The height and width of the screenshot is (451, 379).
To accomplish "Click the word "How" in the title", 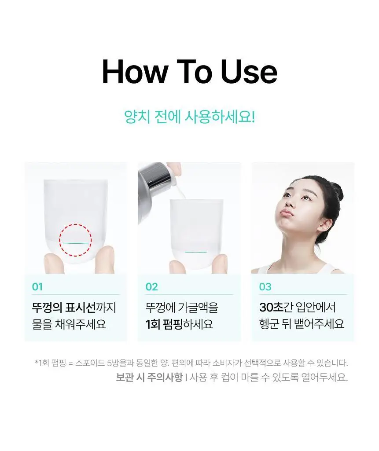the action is [135, 72].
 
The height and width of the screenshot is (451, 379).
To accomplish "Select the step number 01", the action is [37, 287].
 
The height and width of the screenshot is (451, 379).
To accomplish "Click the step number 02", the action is [152, 287].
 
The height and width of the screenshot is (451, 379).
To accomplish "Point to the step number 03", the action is [265, 287].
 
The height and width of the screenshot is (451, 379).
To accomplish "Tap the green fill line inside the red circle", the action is [75, 243].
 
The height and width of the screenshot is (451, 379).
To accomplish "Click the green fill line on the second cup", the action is [196, 252].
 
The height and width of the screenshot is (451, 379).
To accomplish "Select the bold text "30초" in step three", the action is [271, 307].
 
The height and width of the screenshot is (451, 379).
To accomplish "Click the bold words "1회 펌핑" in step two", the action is [164, 324].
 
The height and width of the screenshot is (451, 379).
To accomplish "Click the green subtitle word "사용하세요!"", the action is [220, 117].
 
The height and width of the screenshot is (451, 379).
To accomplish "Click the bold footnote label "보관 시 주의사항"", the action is [149, 377].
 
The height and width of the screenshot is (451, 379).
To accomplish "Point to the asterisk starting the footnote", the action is [36, 361].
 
